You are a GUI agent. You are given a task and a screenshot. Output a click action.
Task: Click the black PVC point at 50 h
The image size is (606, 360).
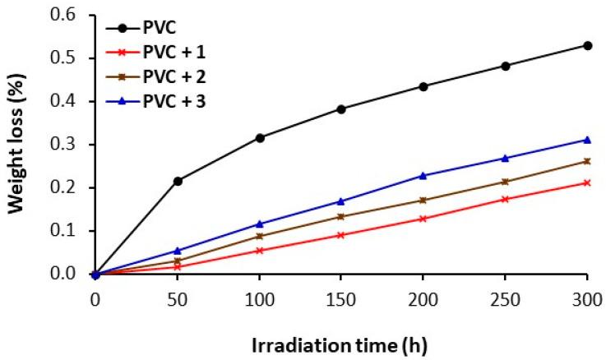[x=178, y=181]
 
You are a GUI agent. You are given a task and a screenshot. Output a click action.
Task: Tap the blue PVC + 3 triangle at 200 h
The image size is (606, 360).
[x=423, y=175]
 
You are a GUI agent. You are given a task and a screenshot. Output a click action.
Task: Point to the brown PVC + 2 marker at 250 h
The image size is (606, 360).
[x=506, y=182]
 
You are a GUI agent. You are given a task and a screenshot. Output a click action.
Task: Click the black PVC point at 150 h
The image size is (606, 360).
[x=341, y=108]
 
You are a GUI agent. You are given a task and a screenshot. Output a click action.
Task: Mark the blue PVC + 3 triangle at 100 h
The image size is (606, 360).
[x=260, y=224]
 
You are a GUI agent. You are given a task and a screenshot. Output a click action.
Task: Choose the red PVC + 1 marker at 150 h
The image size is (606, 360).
[x=341, y=235]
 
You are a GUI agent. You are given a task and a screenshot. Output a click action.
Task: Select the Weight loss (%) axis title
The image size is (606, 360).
[x=18, y=144]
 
